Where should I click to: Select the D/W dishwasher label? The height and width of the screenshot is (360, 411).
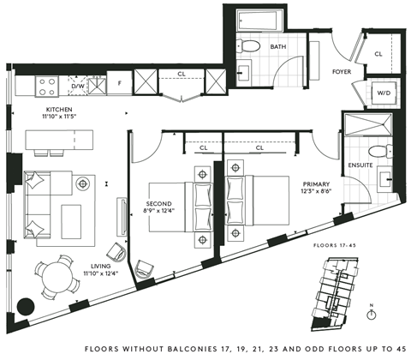[x=77, y=86]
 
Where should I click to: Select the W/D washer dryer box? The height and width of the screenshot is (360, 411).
[x=384, y=93]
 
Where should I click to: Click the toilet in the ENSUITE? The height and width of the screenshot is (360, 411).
[x=386, y=152]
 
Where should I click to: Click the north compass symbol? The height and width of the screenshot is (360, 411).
[x=371, y=314]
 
